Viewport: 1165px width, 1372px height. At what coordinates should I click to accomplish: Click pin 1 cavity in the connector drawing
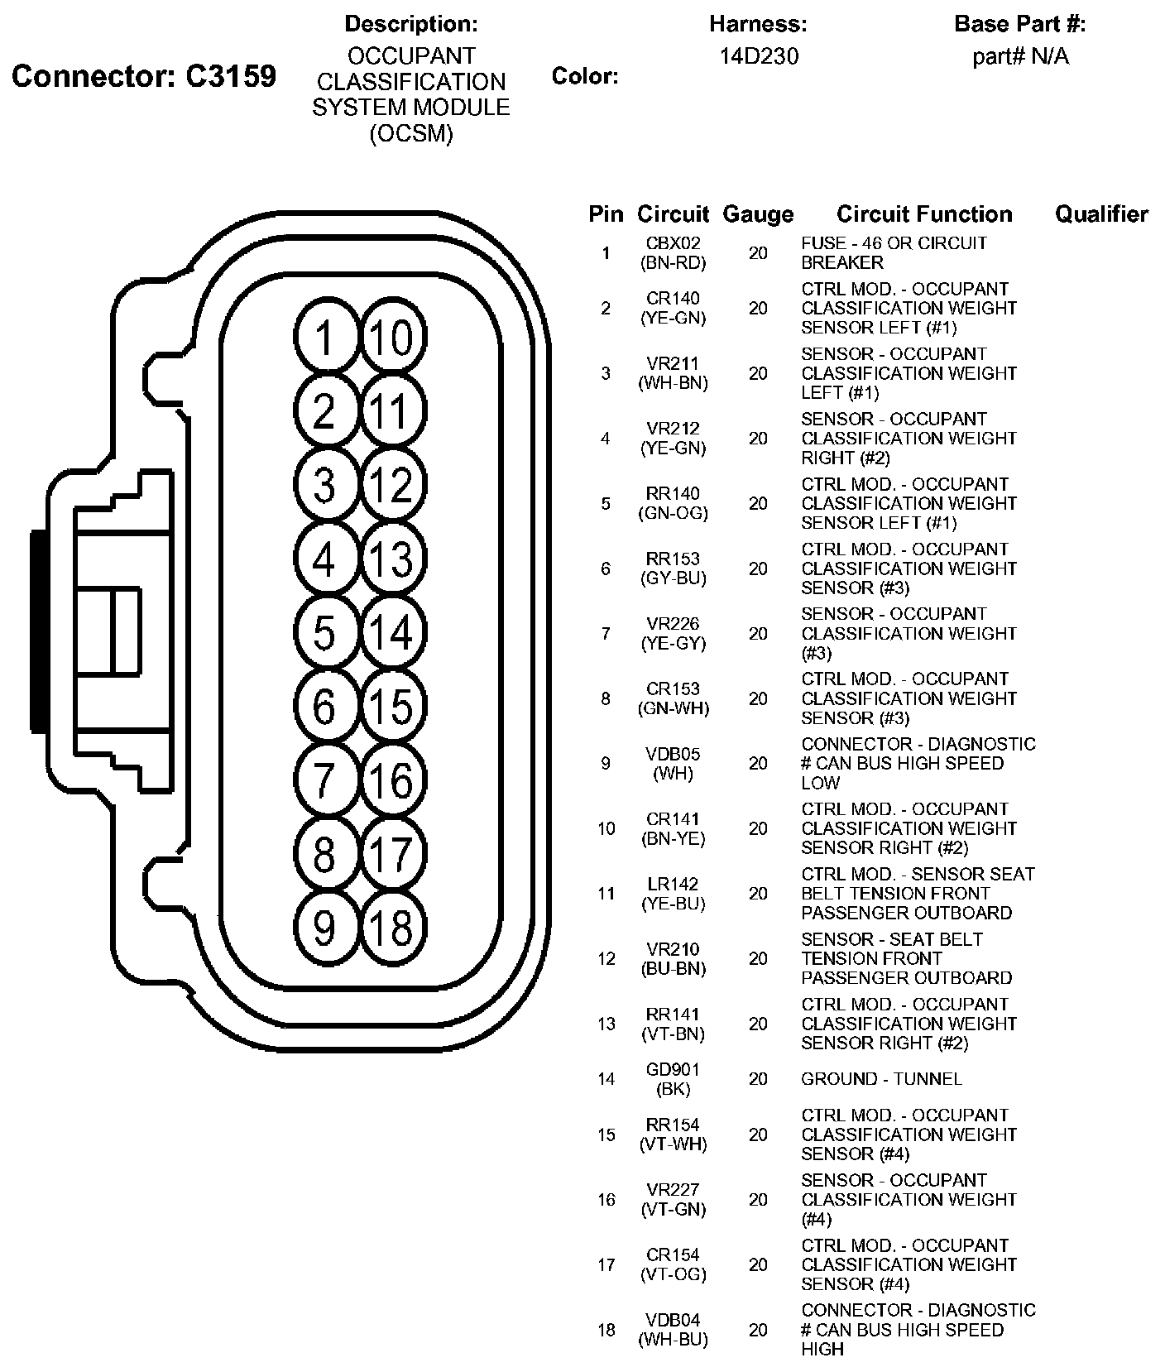[x=325, y=338]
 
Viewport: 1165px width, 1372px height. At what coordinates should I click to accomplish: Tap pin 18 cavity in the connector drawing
[x=393, y=927]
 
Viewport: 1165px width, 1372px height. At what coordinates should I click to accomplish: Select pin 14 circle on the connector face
[x=393, y=632]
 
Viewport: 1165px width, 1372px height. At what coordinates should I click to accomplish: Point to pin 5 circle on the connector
[x=325, y=632]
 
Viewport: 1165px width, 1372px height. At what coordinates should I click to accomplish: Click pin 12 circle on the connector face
[x=393, y=485]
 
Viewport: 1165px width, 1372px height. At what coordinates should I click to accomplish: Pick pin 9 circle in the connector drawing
[x=325, y=927]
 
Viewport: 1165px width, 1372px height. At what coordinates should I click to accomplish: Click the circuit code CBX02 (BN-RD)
[x=673, y=253]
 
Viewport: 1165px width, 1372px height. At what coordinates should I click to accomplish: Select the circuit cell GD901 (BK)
[x=673, y=1079]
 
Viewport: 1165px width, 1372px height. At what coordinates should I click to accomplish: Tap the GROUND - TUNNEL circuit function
[x=881, y=1079]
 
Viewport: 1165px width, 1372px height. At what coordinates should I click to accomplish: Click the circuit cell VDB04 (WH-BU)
[x=673, y=1330]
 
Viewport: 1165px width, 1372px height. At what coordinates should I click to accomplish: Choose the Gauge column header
[x=758, y=214]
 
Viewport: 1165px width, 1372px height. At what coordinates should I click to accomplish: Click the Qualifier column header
[x=1101, y=214]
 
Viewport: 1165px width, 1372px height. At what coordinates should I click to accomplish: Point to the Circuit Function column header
[x=924, y=214]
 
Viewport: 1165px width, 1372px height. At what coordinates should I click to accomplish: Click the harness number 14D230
[x=759, y=56]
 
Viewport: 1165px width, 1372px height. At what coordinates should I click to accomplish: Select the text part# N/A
[x=1020, y=56]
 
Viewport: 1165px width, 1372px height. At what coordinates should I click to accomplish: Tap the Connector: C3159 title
[x=144, y=76]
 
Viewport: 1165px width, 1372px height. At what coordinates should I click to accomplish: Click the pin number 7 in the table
[x=606, y=634]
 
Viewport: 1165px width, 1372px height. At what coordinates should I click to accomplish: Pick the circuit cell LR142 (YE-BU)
[x=673, y=894]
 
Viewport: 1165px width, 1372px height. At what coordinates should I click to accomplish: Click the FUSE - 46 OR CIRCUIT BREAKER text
[x=894, y=253]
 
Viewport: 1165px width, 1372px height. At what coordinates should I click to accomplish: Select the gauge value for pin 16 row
[x=758, y=1200]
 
